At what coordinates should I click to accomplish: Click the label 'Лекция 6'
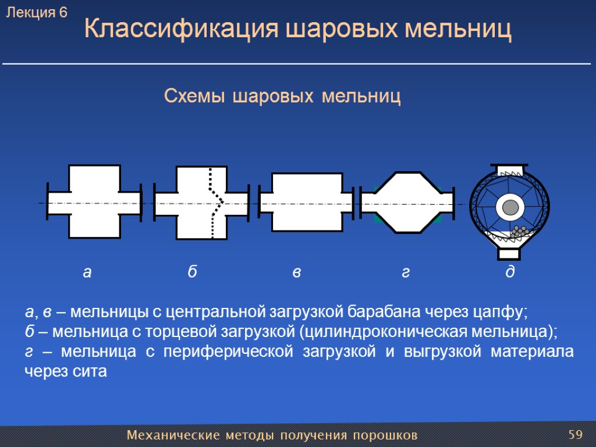click(37, 12)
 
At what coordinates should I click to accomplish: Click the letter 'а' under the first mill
click(87, 272)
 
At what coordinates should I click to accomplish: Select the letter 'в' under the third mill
click(296, 272)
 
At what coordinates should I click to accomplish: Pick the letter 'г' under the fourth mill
click(406, 272)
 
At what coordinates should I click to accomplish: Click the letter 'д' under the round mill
click(510, 272)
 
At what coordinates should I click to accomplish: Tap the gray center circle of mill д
click(510, 207)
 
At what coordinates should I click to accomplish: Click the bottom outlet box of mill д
click(509, 254)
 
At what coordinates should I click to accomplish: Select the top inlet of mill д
click(510, 168)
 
